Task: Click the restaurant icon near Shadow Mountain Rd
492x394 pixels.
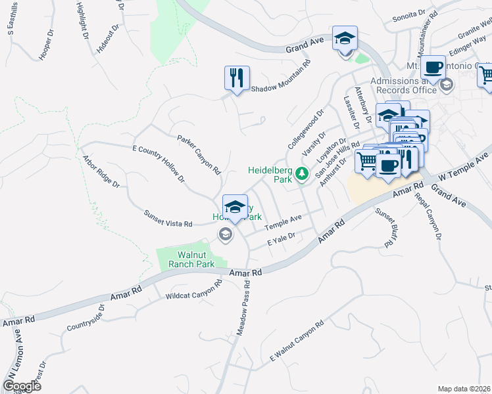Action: tap(235, 77)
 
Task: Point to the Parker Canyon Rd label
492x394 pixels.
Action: tap(199, 155)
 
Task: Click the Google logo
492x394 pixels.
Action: tap(22, 385)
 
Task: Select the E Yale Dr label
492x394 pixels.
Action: tap(283, 238)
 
